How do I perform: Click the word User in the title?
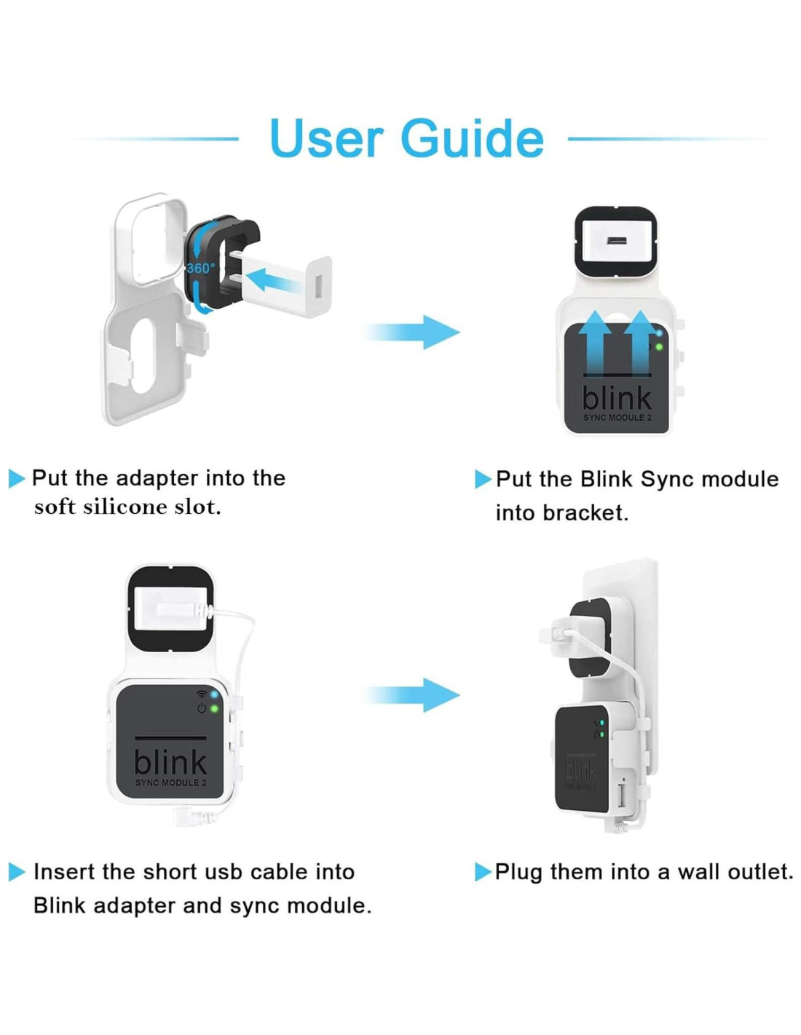pyautogui.click(x=325, y=138)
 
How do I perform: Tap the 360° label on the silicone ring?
pyautogui.click(x=200, y=268)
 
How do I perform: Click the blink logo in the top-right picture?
pyautogui.click(x=616, y=398)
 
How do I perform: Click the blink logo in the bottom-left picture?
pyautogui.click(x=170, y=762)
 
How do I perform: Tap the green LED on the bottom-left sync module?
pyautogui.click(x=214, y=708)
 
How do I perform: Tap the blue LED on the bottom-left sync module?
pyautogui.click(x=214, y=694)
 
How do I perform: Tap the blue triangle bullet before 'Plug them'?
pyautogui.click(x=482, y=872)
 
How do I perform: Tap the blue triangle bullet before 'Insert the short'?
pyautogui.click(x=16, y=872)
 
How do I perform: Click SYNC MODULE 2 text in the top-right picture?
pyautogui.click(x=617, y=418)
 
